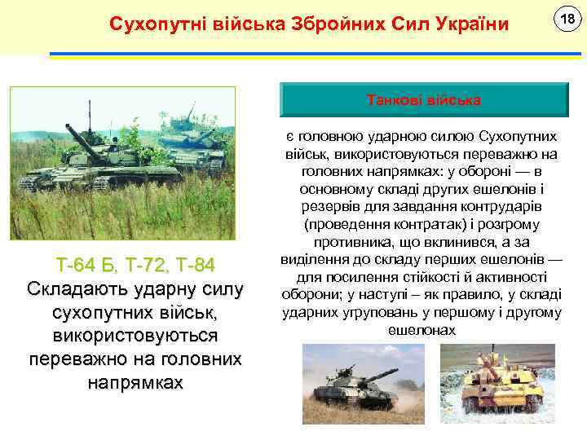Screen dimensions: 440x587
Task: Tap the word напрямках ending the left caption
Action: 135,383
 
